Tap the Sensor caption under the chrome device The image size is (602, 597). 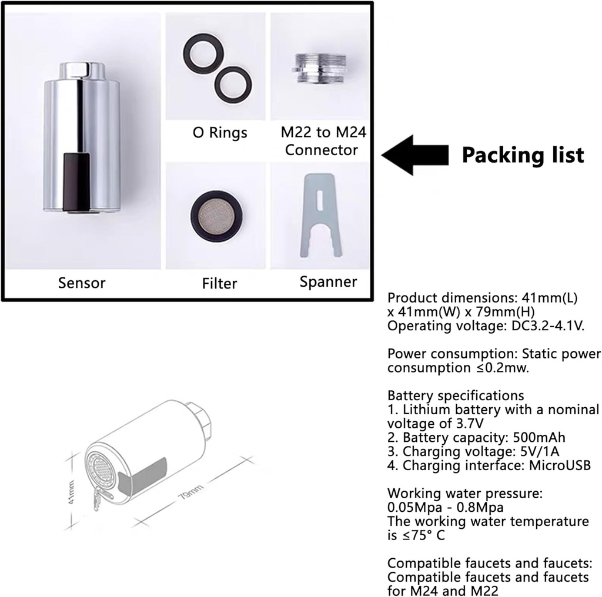(x=82, y=283)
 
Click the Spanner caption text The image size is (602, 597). (x=328, y=281)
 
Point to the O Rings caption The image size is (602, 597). (x=220, y=133)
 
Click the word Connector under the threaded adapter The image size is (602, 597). (x=321, y=150)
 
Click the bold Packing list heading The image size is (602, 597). (x=523, y=155)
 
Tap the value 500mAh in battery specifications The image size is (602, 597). (x=545, y=438)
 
